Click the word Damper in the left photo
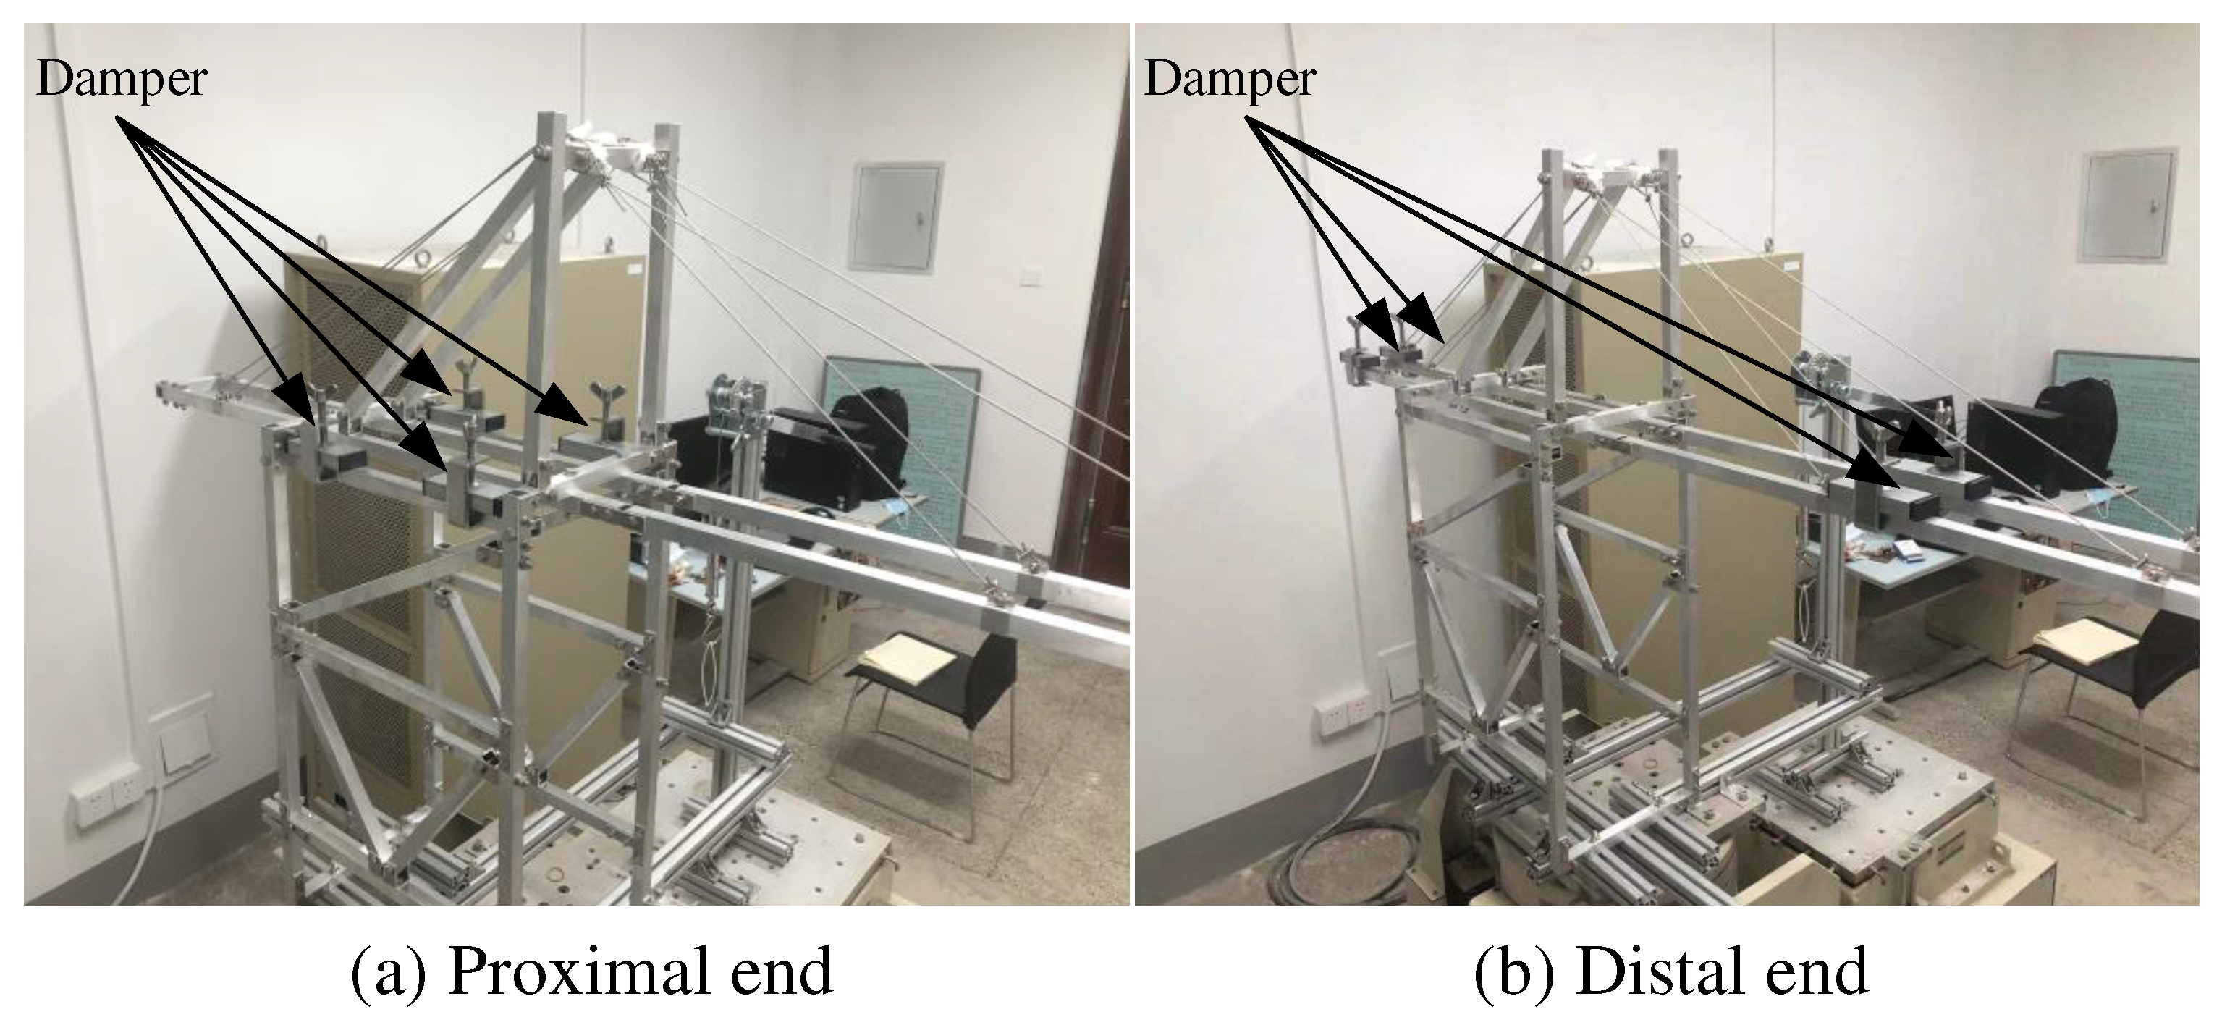click(121, 80)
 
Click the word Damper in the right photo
click(1229, 80)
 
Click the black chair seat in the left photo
click(949, 682)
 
